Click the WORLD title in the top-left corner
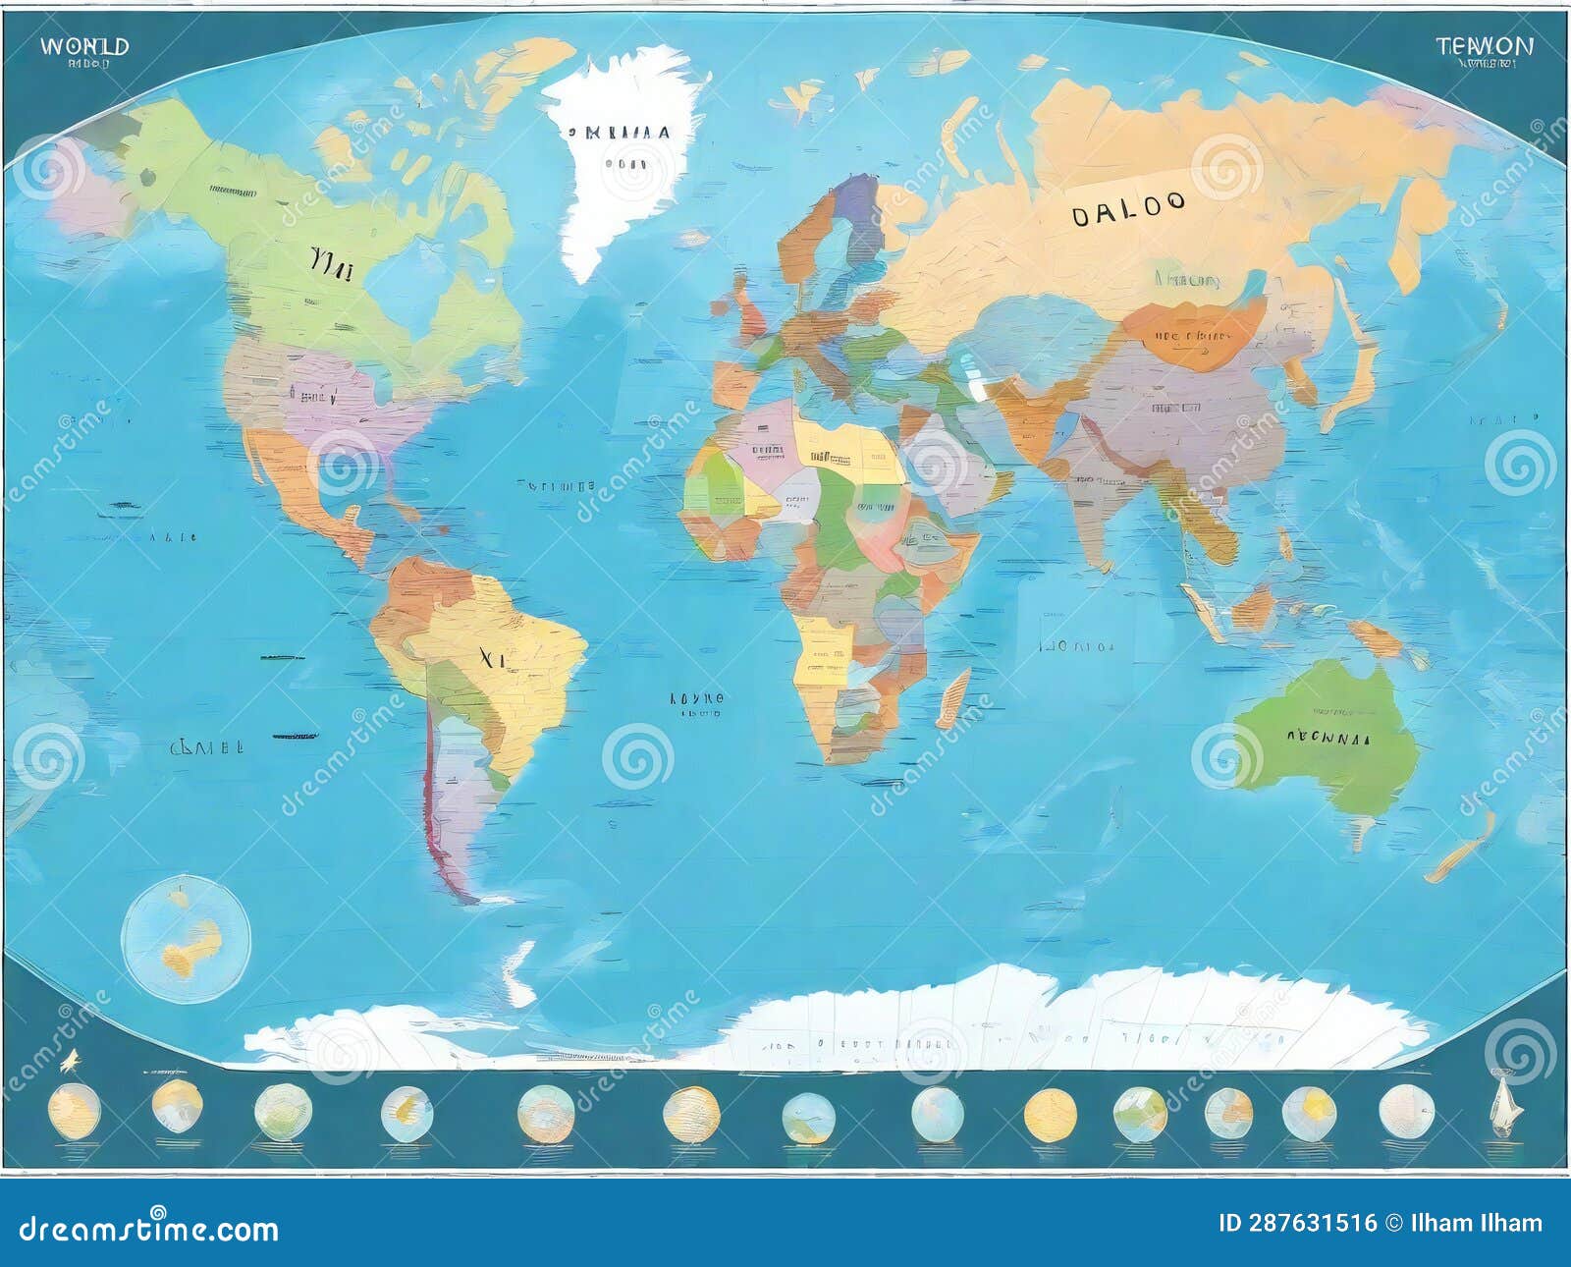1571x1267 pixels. [x=84, y=46]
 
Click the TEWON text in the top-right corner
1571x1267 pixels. [x=1484, y=45]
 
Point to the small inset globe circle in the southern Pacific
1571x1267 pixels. [x=186, y=939]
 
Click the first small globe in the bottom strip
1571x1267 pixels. [x=74, y=1111]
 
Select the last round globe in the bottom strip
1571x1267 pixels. [x=1399, y=1112]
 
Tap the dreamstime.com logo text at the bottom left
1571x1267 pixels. [x=149, y=1229]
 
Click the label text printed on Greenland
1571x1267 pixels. [x=618, y=133]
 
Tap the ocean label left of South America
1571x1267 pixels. [x=207, y=746]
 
